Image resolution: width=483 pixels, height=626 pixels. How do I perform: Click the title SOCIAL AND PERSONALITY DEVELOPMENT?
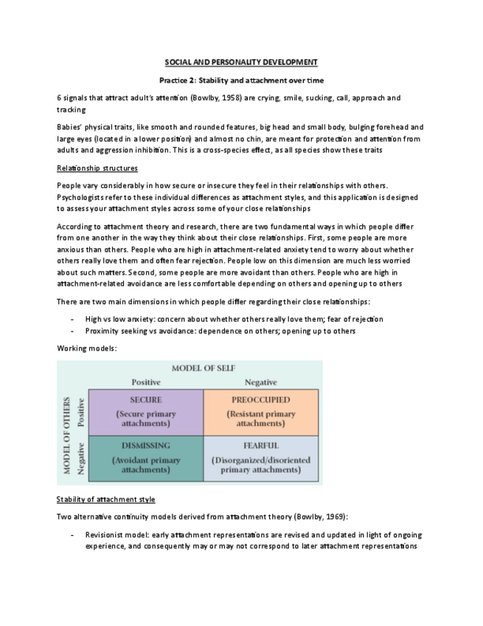pyautogui.click(x=240, y=63)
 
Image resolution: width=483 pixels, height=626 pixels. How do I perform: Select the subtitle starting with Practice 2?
pyautogui.click(x=240, y=80)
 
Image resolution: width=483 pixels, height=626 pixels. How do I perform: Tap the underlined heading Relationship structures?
pyautogui.click(x=97, y=168)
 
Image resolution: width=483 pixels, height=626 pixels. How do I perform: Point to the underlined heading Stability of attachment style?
pyautogui.click(x=105, y=499)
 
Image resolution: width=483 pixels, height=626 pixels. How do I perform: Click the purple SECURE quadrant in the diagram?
pyautogui.click(x=145, y=411)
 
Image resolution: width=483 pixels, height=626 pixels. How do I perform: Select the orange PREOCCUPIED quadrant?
pyautogui.click(x=261, y=411)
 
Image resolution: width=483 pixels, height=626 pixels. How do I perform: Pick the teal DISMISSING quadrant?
pyautogui.click(x=145, y=458)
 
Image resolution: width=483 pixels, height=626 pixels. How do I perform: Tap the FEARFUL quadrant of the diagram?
pyautogui.click(x=261, y=458)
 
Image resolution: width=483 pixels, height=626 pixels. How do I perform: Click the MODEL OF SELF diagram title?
pyautogui.click(x=204, y=368)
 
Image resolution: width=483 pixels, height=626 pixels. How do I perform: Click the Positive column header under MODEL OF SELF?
pyautogui.click(x=145, y=382)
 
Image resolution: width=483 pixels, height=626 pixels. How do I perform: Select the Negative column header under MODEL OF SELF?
pyautogui.click(x=260, y=382)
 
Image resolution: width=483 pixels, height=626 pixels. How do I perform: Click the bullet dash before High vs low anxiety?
pyautogui.click(x=72, y=318)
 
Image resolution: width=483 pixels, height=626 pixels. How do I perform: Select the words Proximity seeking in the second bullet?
pyautogui.click(x=113, y=331)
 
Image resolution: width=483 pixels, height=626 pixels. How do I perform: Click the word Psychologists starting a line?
pyautogui.click(x=81, y=197)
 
